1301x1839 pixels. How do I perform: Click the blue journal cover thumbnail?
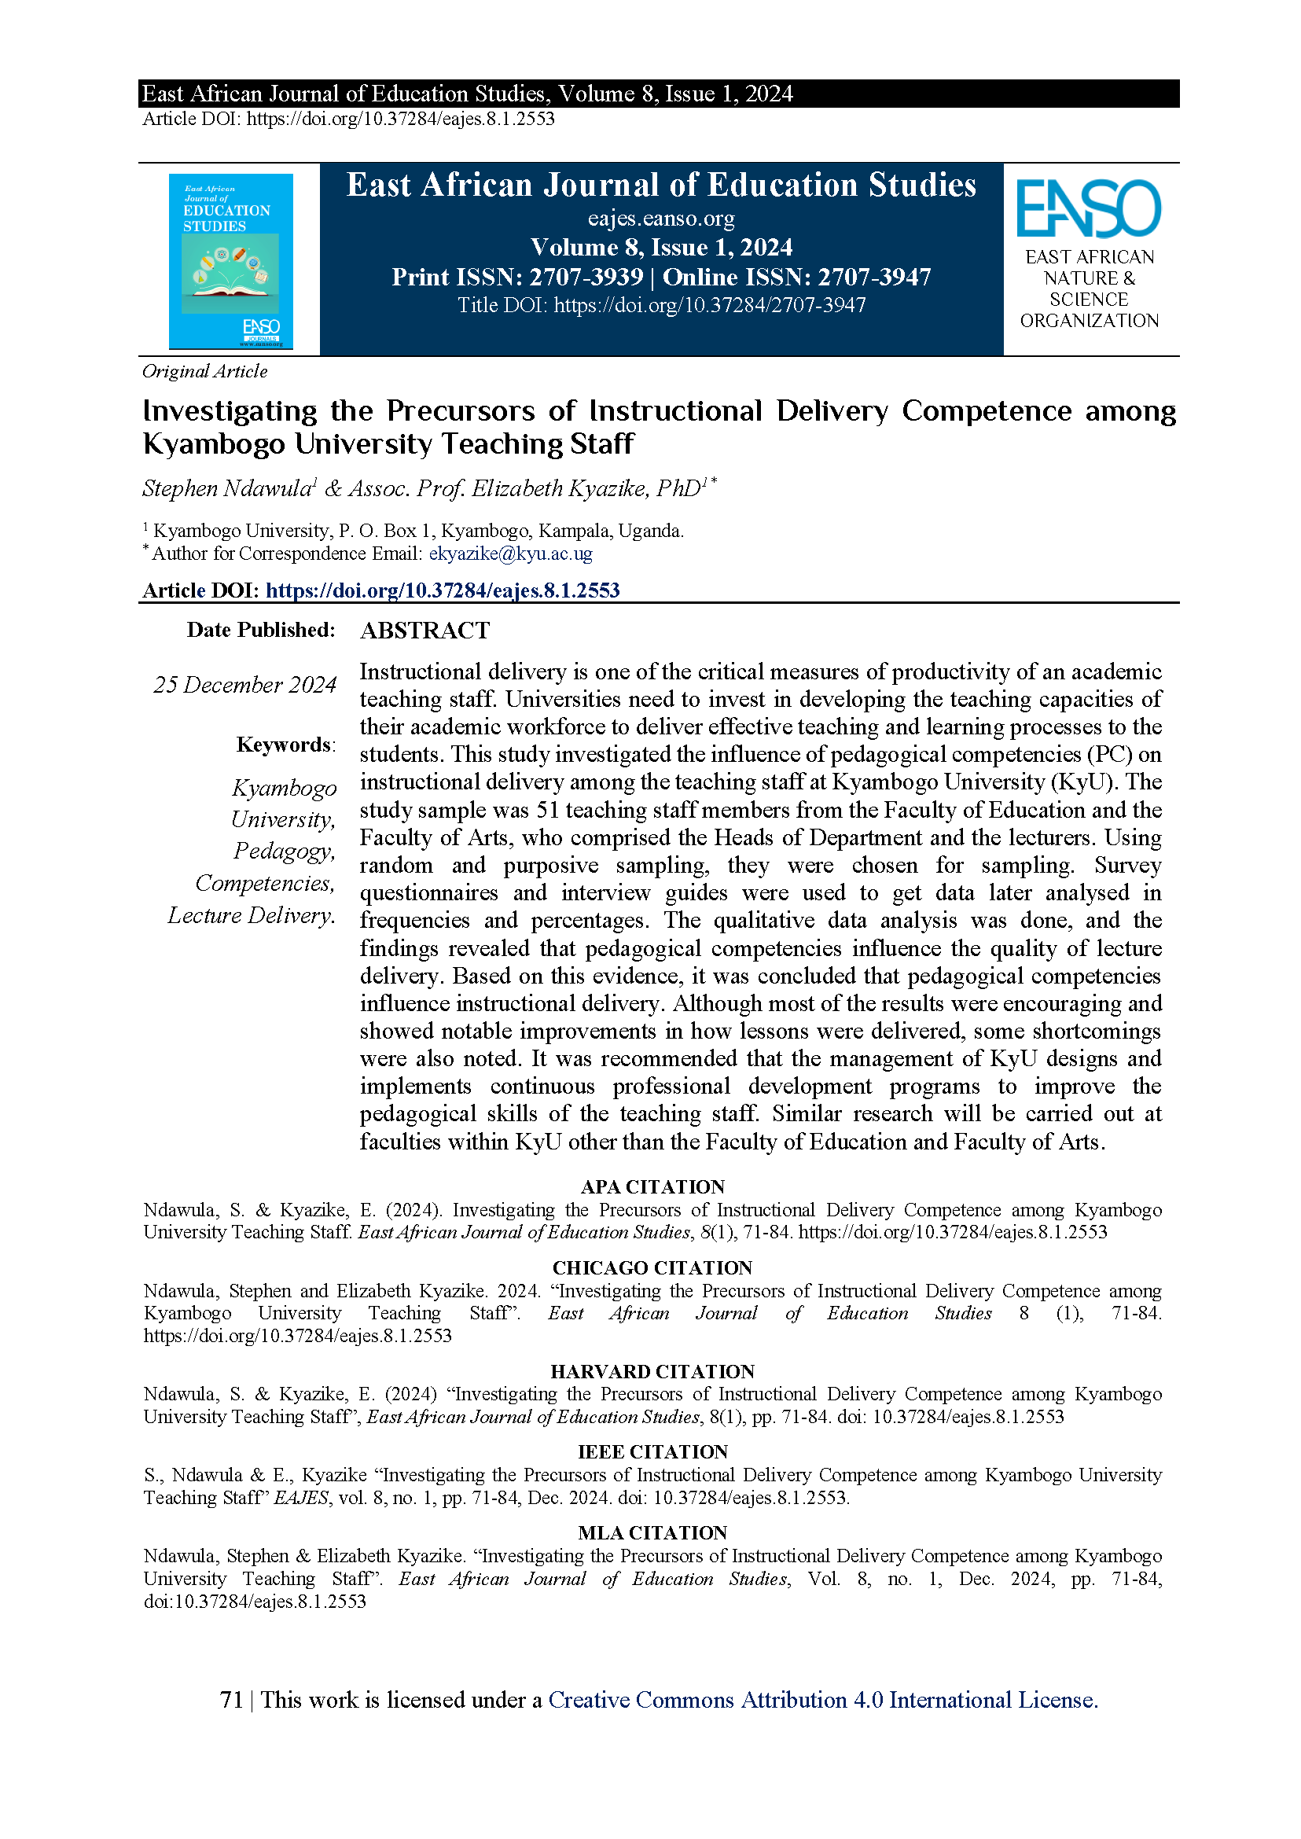[x=230, y=261]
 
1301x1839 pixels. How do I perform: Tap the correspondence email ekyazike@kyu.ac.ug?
[x=510, y=554]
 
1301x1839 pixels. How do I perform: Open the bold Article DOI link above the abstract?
[x=443, y=590]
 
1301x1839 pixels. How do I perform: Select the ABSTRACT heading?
[x=424, y=631]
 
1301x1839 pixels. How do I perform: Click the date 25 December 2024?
[x=244, y=685]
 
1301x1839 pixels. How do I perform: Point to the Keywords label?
[x=285, y=745]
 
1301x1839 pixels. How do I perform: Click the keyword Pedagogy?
[x=284, y=850]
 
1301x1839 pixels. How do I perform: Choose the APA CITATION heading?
[x=652, y=1186]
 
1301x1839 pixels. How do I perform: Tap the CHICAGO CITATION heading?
[x=652, y=1267]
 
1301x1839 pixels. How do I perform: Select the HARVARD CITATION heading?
[x=652, y=1371]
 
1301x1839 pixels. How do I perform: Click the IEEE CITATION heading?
[x=652, y=1452]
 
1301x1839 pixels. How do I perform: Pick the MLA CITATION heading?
[x=652, y=1533]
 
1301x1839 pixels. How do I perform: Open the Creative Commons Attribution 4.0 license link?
[x=823, y=1701]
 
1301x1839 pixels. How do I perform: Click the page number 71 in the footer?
[x=230, y=1701]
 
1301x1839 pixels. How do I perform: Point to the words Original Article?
[x=205, y=372]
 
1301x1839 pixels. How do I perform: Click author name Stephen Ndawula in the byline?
[x=226, y=489]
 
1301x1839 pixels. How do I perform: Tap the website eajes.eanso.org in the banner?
[x=661, y=218]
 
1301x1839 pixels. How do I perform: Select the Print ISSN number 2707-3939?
[x=586, y=278]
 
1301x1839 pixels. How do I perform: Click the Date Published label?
[x=260, y=630]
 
